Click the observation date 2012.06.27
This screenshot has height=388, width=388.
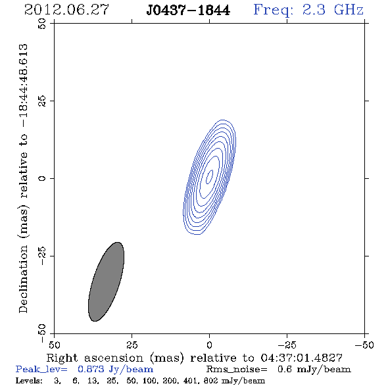66,10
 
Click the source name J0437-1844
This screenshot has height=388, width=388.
188,10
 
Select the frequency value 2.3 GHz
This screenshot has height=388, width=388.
333,10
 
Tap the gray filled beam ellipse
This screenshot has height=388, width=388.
106,281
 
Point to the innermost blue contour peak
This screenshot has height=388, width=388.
210,177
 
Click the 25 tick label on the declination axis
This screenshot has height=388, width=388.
42,101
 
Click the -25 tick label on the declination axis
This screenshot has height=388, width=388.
42,256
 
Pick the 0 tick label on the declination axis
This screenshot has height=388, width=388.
42,178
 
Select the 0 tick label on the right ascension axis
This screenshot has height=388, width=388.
209,345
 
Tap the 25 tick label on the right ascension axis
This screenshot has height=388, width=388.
132,345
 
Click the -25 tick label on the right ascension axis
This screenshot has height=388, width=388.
287,345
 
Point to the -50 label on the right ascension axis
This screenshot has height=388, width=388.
364,345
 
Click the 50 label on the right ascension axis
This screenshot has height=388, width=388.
54,345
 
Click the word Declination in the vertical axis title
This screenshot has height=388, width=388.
23,279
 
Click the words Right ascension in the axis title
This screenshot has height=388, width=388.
95,358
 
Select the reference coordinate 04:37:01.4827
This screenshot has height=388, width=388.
302,358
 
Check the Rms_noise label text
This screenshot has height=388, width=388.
237,370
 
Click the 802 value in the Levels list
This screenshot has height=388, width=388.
210,380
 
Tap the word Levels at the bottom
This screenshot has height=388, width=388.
29,380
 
